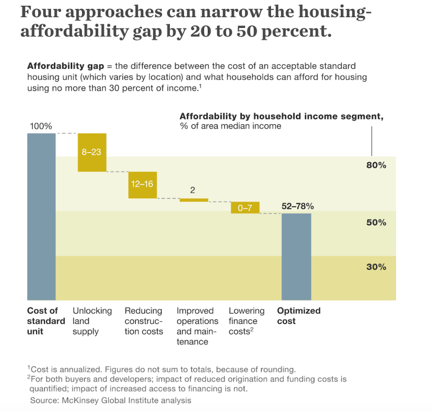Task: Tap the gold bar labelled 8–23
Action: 92,152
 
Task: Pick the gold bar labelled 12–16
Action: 143,185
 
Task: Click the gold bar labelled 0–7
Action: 245,208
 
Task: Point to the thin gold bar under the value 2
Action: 194,200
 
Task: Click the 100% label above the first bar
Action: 41,126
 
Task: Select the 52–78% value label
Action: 298,206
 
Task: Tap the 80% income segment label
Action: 376,166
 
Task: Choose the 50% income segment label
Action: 376,222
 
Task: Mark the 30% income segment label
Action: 376,267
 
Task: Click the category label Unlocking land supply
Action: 92,321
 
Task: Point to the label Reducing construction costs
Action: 144,321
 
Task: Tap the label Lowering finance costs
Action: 246,321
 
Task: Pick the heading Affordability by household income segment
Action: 281,117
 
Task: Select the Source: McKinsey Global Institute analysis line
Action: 111,400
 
